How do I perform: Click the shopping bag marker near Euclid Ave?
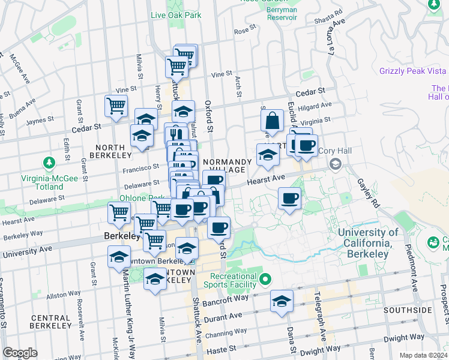272,121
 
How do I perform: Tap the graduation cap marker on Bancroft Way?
281,301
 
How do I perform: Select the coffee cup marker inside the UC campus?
289,199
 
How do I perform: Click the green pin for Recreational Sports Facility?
268,280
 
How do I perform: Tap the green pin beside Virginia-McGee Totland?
48,163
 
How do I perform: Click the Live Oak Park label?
176,15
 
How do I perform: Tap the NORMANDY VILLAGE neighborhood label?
227,166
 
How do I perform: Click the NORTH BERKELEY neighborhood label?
110,150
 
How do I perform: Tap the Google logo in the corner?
20,353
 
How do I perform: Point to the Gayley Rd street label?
367,191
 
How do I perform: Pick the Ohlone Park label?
150,198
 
